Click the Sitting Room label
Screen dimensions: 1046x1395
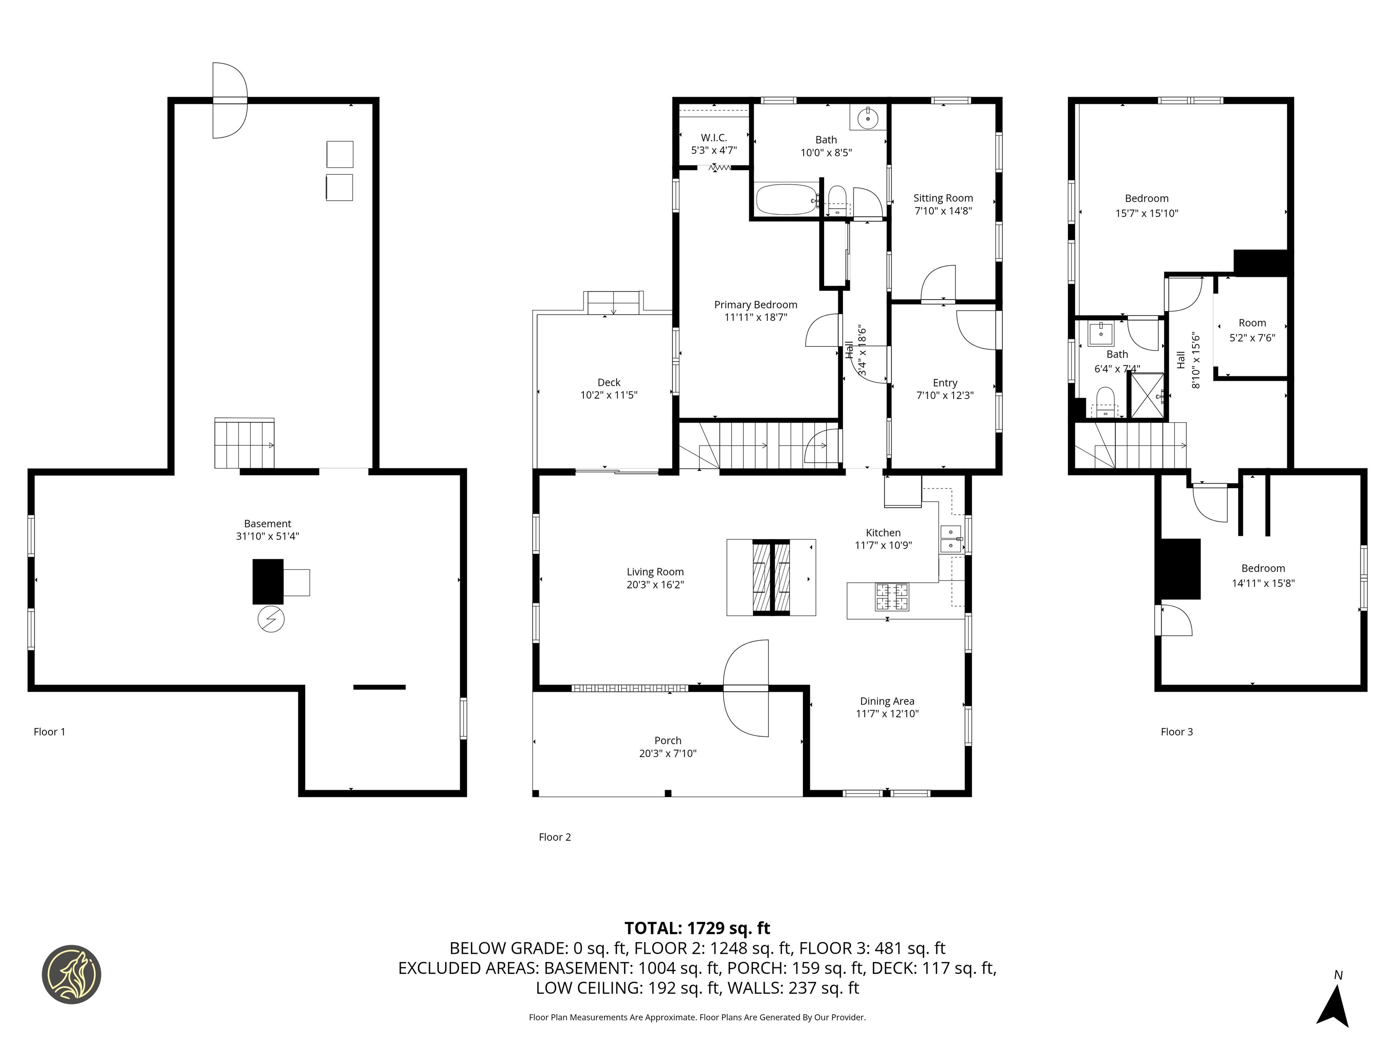[943, 198]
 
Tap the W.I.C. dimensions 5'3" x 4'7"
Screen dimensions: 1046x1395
[714, 151]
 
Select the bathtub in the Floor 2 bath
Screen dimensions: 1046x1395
[785, 199]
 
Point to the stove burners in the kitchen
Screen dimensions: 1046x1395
[892, 597]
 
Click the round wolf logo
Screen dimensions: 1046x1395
[71, 974]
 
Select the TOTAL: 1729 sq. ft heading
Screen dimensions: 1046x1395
[697, 928]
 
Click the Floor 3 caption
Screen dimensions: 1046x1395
[1176, 731]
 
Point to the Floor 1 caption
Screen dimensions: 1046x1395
[49, 731]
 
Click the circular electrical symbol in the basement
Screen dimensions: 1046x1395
[271, 619]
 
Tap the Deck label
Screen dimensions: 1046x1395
[608, 382]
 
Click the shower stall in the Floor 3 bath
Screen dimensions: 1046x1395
[1146, 396]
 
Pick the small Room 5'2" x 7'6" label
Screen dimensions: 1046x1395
[1252, 323]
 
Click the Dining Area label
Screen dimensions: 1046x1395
[887, 701]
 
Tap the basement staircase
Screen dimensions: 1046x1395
[244, 444]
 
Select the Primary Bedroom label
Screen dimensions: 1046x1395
[756, 305]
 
